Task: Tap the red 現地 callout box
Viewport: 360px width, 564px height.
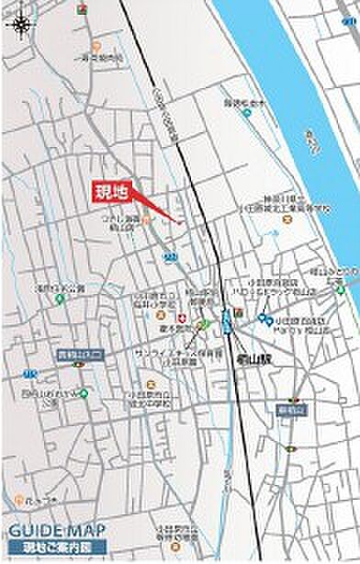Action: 115,192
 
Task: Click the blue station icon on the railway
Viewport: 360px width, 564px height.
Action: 226,321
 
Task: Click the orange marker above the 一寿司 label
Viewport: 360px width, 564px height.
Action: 96,45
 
